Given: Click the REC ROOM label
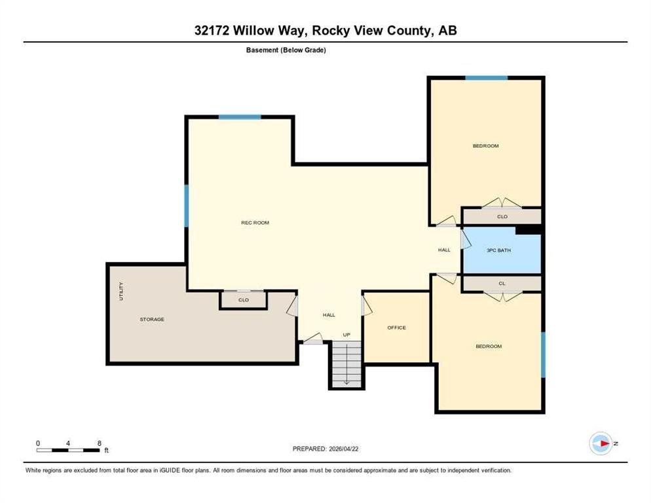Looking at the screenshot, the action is pos(255,223).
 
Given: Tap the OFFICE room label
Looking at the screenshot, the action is pos(396,327).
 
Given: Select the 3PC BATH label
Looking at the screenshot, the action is pos(498,250).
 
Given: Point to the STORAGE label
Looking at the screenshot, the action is pos(152,320).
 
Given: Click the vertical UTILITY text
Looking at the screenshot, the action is pos(121,291).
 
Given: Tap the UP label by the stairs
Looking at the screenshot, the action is pos(346,335).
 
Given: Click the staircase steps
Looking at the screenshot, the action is pos(346,364).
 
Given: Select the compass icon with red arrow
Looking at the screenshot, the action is pos(601,443).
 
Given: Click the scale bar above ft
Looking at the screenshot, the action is pos(68,450).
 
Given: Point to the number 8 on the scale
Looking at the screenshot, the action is pos(100,443).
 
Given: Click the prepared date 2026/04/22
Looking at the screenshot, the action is pos(343,449).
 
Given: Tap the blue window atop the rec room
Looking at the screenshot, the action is pos(240,117).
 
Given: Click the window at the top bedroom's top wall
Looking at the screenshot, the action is pos(486,78).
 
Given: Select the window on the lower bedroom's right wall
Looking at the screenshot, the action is pos(543,354).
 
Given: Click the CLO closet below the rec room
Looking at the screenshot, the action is pos(244,300).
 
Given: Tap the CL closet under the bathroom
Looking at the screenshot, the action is pos(502,284).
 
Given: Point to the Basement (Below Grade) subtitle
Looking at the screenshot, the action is pos(286,50).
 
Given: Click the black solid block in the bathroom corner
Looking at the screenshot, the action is pos(528,230).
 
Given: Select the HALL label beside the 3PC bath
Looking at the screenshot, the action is pos(444,250).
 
